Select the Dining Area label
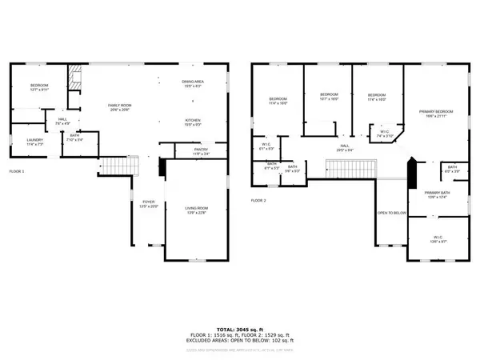click(x=192, y=82)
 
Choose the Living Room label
click(x=196, y=210)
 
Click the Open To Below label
click(x=393, y=213)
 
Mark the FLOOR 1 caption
click(x=17, y=171)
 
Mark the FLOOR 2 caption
click(x=258, y=200)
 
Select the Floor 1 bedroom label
click(x=39, y=88)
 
